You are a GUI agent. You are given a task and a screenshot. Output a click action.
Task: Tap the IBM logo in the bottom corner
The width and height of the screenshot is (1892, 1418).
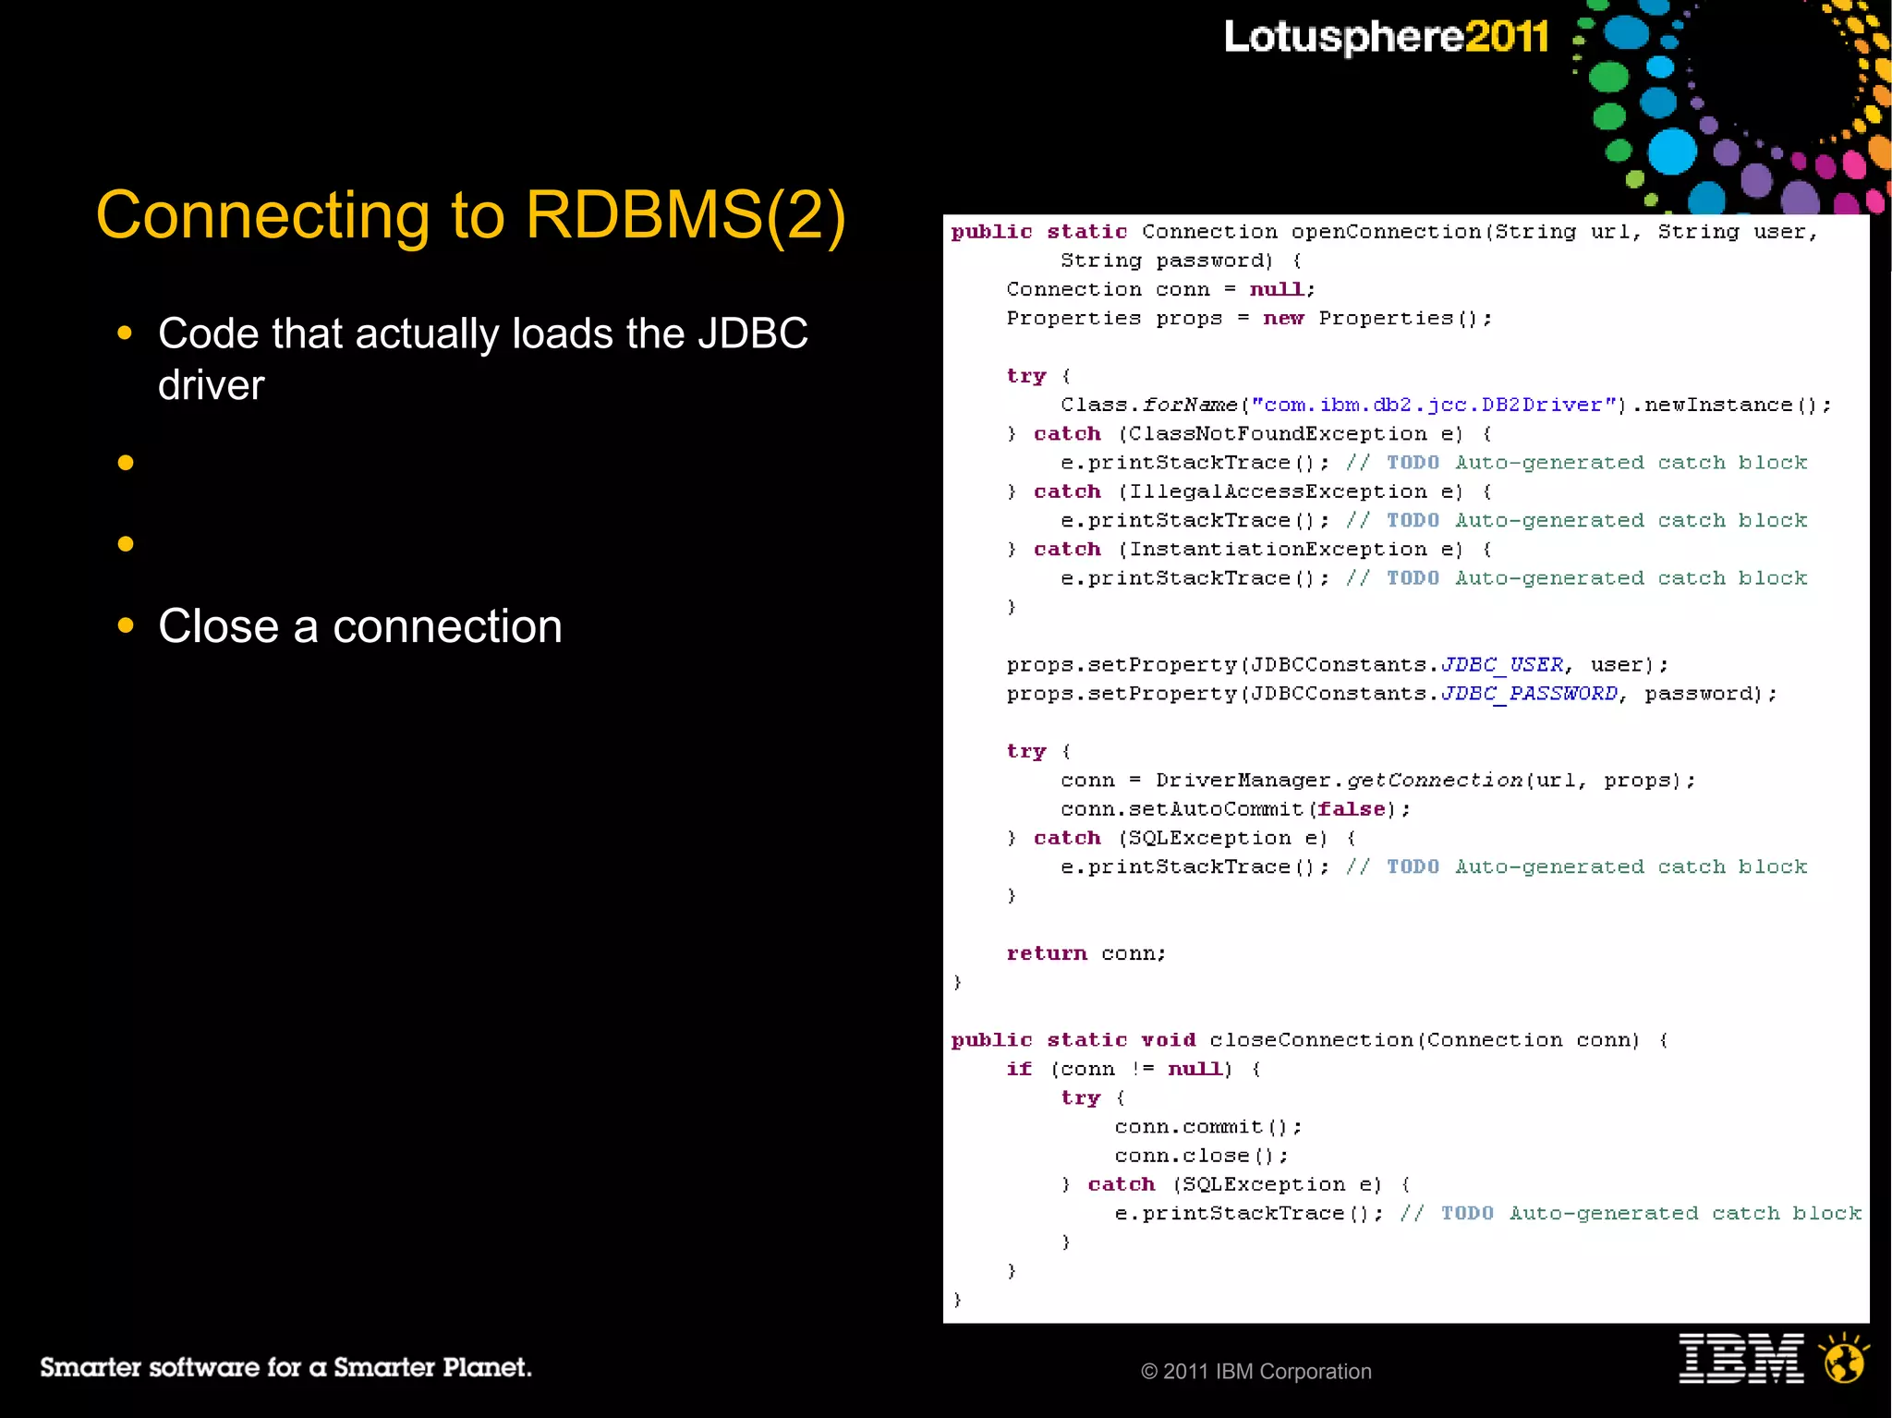click(1740, 1358)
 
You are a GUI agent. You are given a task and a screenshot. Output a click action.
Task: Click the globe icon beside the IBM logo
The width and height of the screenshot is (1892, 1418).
click(1844, 1358)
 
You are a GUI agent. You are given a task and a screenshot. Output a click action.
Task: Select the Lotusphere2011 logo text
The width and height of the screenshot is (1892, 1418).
click(1386, 37)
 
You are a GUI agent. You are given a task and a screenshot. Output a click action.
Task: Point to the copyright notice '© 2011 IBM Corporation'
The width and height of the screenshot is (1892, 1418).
click(1255, 1371)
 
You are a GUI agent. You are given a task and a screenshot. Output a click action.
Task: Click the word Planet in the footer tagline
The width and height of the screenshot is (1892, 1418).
click(486, 1367)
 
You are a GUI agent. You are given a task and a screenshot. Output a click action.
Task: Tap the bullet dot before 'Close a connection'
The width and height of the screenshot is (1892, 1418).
click(126, 625)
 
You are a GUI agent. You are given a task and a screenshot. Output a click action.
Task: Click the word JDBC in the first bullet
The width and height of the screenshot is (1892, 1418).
click(752, 333)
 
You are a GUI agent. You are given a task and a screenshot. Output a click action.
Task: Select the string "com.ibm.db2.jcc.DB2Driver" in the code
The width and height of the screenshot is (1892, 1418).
click(1435, 405)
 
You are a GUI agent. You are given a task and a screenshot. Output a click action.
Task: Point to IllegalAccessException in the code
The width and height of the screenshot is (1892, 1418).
click(1277, 491)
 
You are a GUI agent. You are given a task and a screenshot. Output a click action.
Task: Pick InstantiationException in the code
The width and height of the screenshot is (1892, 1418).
click(1277, 550)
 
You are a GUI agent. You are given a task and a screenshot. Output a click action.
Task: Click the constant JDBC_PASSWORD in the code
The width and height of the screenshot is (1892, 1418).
click(1529, 694)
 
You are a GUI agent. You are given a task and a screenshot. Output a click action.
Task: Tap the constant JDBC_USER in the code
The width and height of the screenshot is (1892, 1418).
click(1502, 665)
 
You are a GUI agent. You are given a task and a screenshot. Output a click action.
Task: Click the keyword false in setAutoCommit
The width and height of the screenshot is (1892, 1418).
click(1351, 809)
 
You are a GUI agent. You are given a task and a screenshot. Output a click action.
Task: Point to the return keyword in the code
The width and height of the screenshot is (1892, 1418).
click(1046, 953)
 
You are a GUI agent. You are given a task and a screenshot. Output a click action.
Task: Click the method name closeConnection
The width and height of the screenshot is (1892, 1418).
click(1311, 1040)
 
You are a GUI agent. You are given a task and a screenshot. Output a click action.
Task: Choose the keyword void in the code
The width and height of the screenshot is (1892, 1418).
click(1168, 1040)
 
